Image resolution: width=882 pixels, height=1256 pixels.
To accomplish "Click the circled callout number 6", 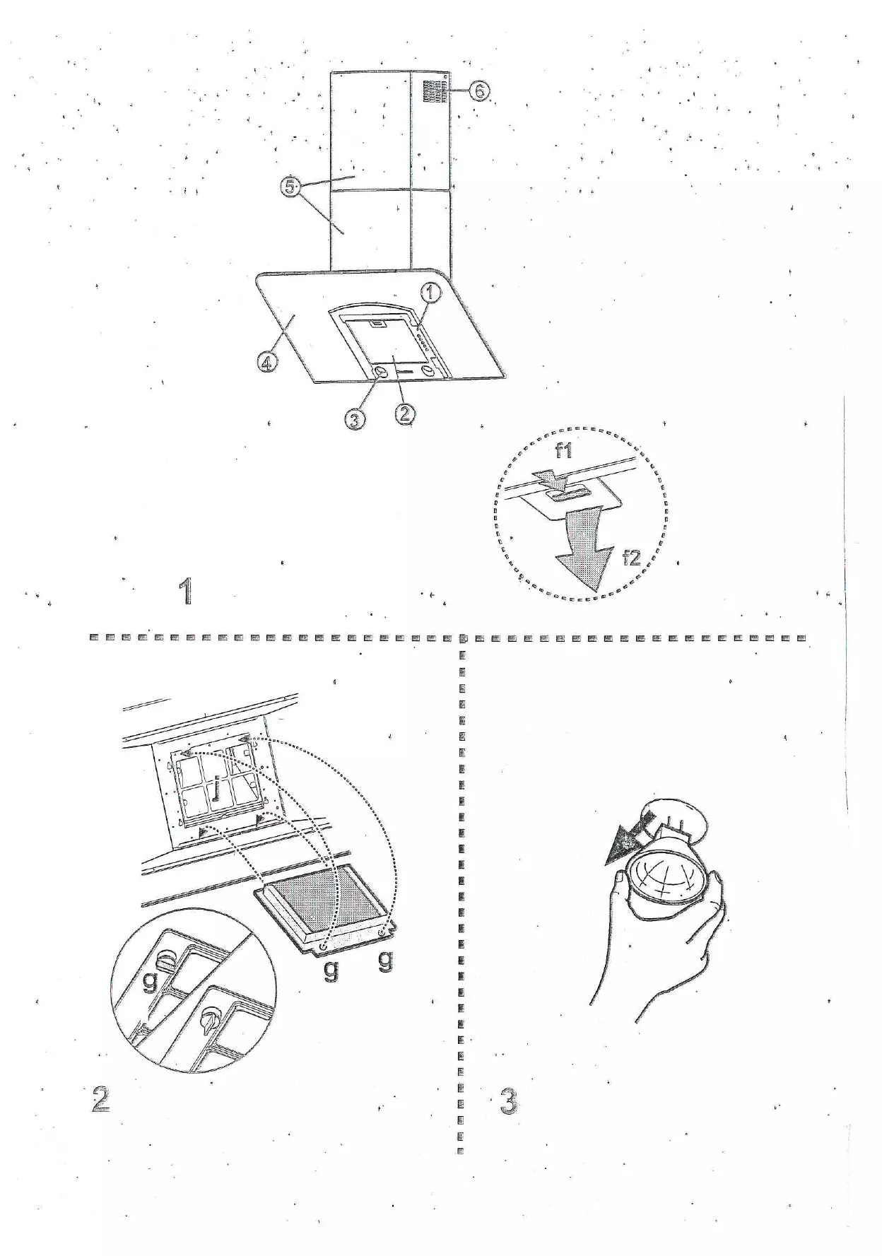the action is click(x=480, y=91).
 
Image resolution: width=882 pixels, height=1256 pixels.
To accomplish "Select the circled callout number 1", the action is click(x=432, y=292).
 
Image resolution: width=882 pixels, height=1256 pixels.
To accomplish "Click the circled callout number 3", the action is click(x=355, y=420).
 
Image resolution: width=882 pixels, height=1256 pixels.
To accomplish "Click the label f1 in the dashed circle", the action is click(x=563, y=450).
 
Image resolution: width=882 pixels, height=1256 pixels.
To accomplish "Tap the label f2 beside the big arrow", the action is click(x=631, y=558).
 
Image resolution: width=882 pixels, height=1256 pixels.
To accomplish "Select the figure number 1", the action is click(x=186, y=591).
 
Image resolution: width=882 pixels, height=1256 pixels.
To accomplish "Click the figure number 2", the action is click(x=101, y=1100).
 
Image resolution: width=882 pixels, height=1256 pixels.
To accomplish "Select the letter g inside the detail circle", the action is click(x=149, y=980).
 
